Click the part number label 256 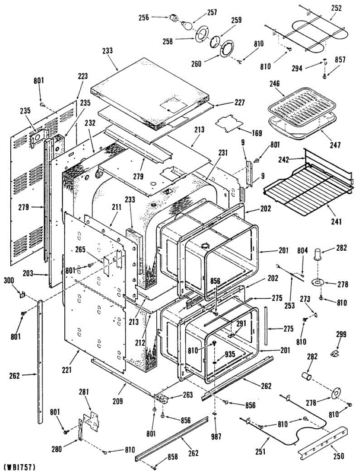pos(143,17)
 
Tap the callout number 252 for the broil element pos(336,8)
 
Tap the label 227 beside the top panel pos(239,102)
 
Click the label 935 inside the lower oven pos(230,354)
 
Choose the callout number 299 pos(341,334)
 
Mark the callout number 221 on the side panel pos(66,370)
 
